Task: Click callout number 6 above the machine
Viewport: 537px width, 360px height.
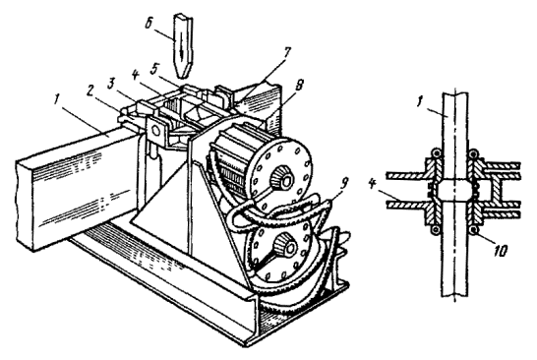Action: click(x=149, y=26)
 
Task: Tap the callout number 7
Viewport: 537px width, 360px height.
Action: click(x=286, y=53)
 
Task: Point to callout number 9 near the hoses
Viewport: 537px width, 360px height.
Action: click(x=343, y=184)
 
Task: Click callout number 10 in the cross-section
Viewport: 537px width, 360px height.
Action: click(x=499, y=251)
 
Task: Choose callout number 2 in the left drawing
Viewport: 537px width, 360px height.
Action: click(x=91, y=90)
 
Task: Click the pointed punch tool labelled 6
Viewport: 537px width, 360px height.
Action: click(x=183, y=45)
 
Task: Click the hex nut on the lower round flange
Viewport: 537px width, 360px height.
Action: click(x=285, y=243)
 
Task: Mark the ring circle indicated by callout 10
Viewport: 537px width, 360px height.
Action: click(x=474, y=229)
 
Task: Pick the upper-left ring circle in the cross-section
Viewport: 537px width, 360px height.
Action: click(x=435, y=152)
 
